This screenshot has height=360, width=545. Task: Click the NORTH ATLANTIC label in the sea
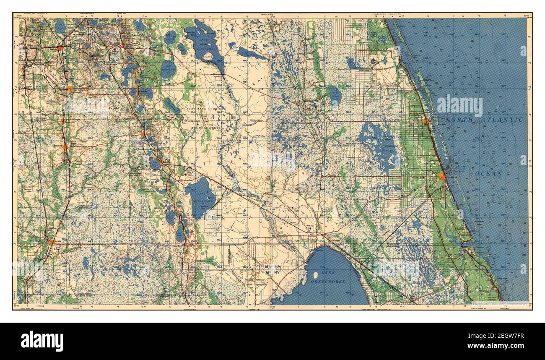pyautogui.click(x=484, y=120)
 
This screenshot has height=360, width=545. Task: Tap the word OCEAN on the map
pyautogui.click(x=488, y=173)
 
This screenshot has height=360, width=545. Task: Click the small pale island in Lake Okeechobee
pyautogui.click(x=315, y=275)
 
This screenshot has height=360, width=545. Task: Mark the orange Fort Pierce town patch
pyautogui.click(x=441, y=176)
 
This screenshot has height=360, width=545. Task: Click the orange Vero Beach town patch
pyautogui.click(x=426, y=122)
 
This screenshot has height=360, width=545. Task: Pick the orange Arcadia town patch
pyautogui.click(x=52, y=242)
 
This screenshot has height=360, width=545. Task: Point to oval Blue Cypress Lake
pyautogui.click(x=335, y=96)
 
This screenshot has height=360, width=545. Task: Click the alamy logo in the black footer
pyautogui.click(x=42, y=341)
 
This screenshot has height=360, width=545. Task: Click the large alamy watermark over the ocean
pyautogui.click(x=459, y=106)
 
